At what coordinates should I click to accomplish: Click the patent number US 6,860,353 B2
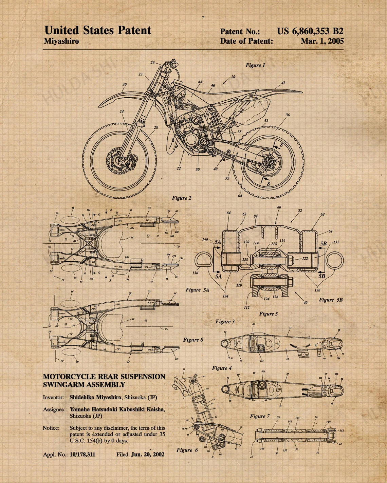[x=310, y=31]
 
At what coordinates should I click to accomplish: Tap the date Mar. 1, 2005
[x=322, y=41]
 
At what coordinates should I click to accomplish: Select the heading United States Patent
[x=98, y=31]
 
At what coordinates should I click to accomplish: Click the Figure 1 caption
[x=255, y=65]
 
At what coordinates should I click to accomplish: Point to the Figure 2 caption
[x=182, y=198]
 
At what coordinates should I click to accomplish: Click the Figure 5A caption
[x=197, y=290]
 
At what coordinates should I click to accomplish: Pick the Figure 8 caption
[x=193, y=340]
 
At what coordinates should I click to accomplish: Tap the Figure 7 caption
[x=260, y=416]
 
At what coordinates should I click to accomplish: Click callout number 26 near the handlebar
[x=152, y=63]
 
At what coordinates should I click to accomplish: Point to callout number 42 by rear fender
[x=283, y=83]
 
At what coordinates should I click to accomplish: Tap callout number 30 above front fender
[x=125, y=84]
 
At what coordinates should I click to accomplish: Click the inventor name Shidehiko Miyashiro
[x=95, y=397]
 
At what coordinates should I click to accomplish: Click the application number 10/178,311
[x=82, y=455]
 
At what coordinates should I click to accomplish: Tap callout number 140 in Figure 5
[x=205, y=240]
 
